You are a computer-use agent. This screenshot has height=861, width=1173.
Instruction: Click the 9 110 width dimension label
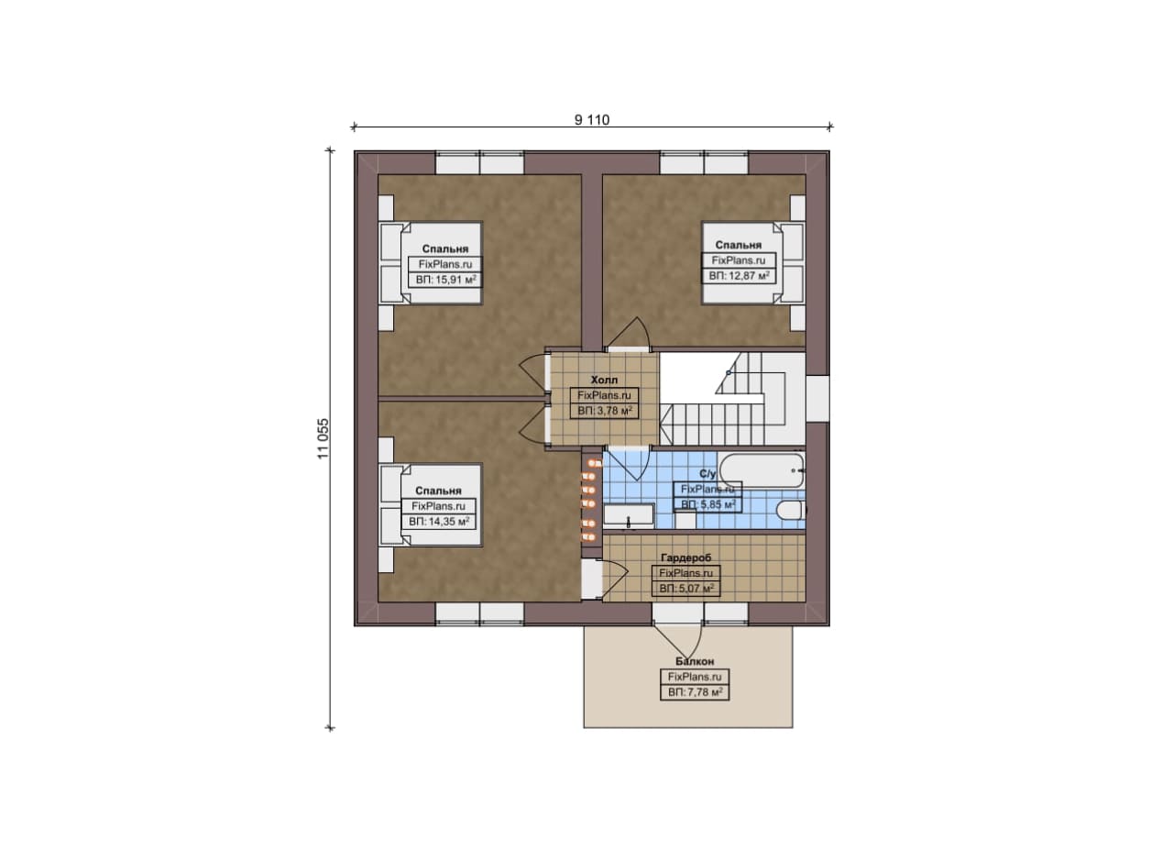[x=592, y=120]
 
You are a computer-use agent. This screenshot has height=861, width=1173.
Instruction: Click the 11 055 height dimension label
[x=323, y=439]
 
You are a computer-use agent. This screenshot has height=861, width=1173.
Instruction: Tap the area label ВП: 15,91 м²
[x=445, y=280]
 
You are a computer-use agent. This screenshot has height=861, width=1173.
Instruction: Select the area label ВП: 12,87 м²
[x=739, y=276]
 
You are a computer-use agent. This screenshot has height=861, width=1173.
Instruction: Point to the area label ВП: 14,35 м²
[x=439, y=522]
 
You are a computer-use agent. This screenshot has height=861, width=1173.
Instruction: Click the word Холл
[x=604, y=380]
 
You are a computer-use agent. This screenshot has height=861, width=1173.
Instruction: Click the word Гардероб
[x=686, y=557]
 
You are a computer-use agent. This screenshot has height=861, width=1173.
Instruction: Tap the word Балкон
[x=695, y=661]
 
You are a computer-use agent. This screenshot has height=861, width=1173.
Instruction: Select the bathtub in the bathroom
[x=762, y=470]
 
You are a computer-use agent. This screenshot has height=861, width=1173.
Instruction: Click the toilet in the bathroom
[x=791, y=510]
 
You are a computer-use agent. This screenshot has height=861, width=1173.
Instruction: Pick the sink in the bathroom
[x=629, y=514]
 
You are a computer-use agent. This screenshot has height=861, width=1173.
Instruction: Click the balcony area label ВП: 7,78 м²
[x=695, y=692]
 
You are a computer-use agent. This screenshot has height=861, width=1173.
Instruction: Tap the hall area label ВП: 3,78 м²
[x=605, y=411]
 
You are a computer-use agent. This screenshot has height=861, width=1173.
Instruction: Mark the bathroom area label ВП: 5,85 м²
[x=708, y=504]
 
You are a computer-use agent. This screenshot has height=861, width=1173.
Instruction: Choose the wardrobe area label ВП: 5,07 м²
[x=686, y=589]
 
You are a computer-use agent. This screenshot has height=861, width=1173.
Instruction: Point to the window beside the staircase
[x=817, y=398]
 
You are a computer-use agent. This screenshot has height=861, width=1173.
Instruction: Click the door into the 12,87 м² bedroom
[x=628, y=334]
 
